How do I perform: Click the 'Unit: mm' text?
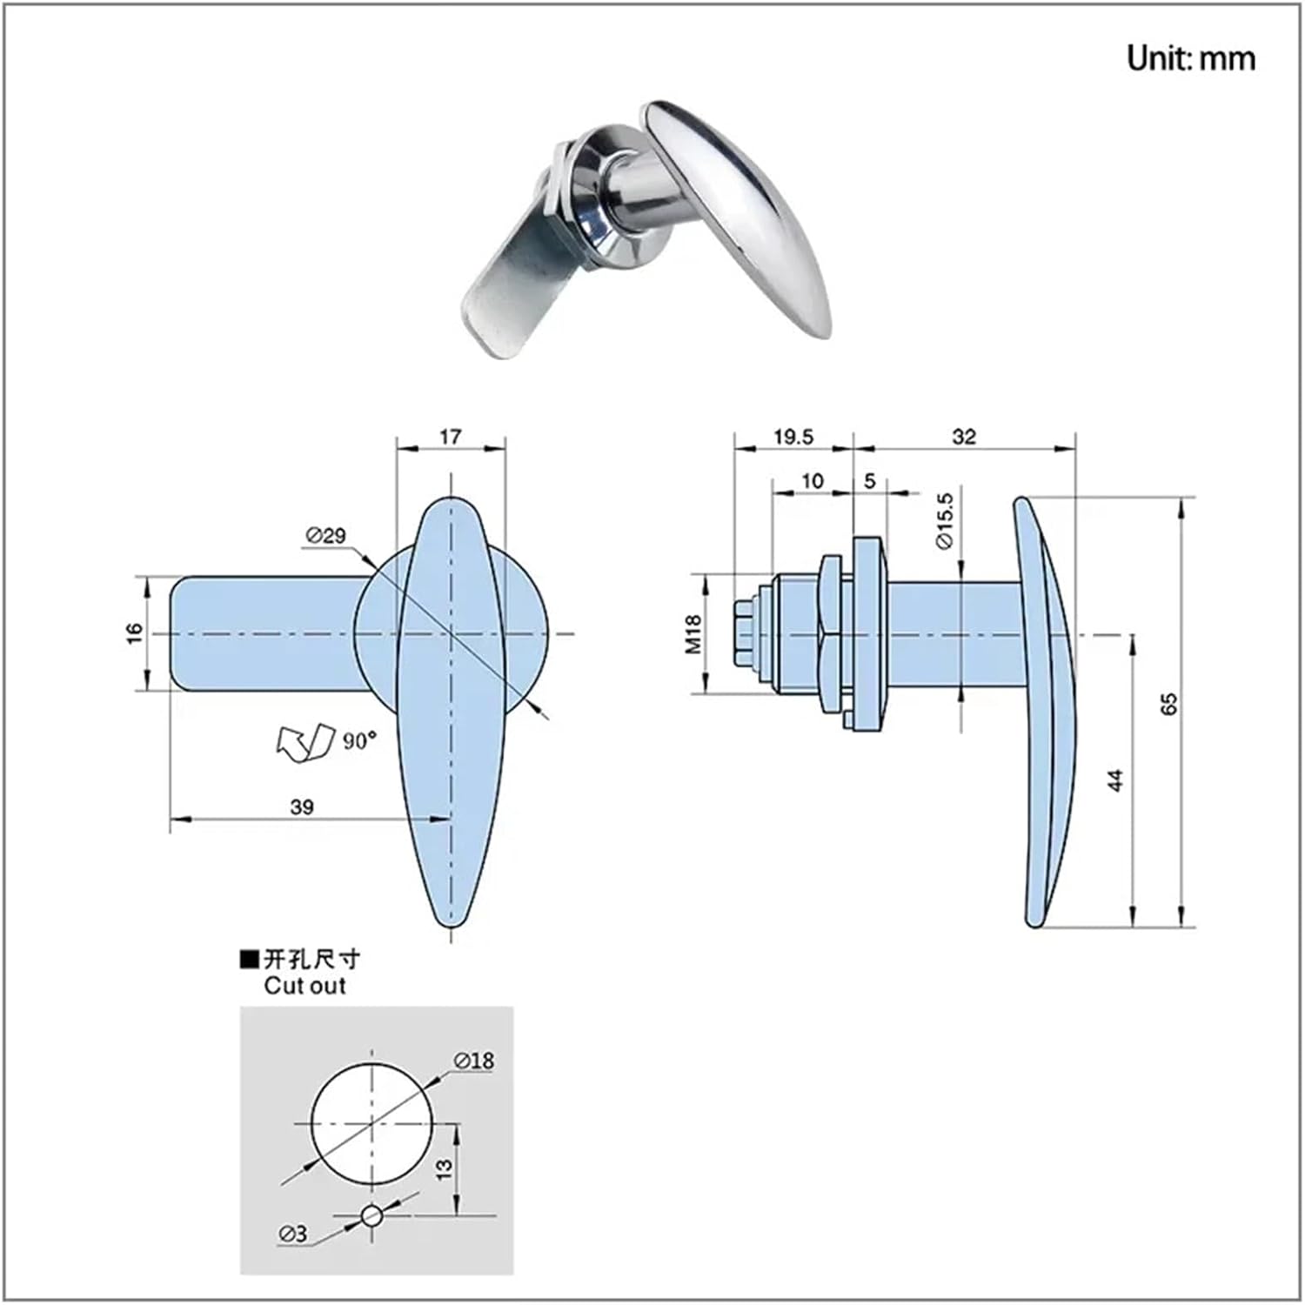pyautogui.click(x=1190, y=58)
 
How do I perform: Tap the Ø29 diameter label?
pyautogui.click(x=325, y=536)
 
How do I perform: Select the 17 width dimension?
pyautogui.click(x=450, y=436)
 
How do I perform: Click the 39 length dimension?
pyautogui.click(x=301, y=806)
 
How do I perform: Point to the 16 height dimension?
pyautogui.click(x=134, y=633)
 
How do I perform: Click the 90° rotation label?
pyautogui.click(x=359, y=740)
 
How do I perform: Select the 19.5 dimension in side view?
pyautogui.click(x=793, y=436)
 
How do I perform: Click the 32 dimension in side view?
pyautogui.click(x=964, y=436)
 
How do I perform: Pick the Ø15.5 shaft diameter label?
pyautogui.click(x=944, y=520)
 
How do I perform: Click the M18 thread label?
pyautogui.click(x=693, y=633)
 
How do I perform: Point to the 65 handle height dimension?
pyautogui.click(x=1169, y=704)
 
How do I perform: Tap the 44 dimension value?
pyautogui.click(x=1117, y=780)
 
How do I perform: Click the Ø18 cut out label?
pyautogui.click(x=473, y=1061)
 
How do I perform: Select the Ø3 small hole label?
pyautogui.click(x=293, y=1233)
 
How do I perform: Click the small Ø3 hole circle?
pyautogui.click(x=371, y=1215)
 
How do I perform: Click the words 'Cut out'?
pyautogui.click(x=304, y=986)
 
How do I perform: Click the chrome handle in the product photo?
pyautogui.click(x=748, y=209)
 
